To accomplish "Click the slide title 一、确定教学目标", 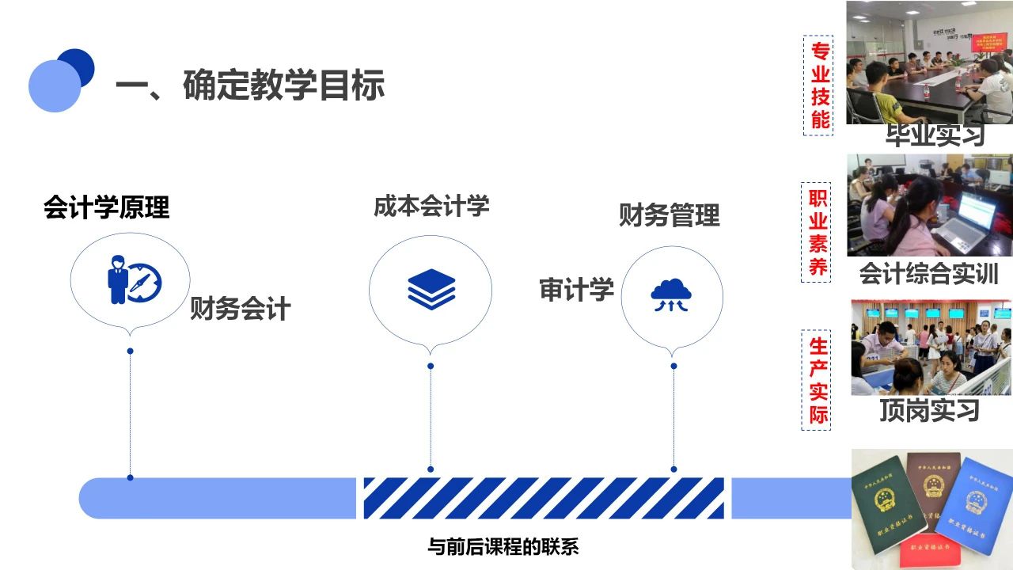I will [250, 85].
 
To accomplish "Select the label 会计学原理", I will [106, 207].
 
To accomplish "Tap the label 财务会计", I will [240, 308].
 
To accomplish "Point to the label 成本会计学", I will [431, 206].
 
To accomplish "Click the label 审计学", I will [576, 290].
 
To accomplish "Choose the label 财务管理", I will [669, 215].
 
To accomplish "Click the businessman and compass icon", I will [133, 280].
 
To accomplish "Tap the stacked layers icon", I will [431, 288].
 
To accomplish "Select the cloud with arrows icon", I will [671, 295].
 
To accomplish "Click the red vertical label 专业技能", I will [819, 85].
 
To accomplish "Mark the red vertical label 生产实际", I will [818, 380].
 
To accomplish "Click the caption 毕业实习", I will [935, 135].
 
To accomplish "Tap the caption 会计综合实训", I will [928, 274].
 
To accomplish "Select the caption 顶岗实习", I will [929, 410].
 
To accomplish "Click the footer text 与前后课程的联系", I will [503, 547].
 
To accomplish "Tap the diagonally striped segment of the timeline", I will [544, 498].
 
